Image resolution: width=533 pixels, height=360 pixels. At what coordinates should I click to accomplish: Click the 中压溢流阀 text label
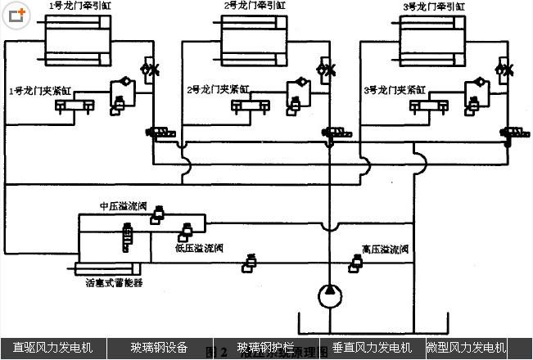pos(122,206)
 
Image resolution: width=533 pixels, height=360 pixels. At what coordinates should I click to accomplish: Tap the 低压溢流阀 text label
pos(199,248)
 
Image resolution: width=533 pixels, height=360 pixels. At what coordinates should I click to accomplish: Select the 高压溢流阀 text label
pos(385,248)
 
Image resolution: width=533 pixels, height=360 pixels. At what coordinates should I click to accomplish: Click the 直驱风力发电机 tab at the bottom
pos(52,348)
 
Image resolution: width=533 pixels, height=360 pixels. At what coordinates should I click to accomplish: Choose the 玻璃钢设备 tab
pos(159,348)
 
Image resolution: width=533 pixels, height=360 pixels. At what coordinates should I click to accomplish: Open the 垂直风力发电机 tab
pos(371,348)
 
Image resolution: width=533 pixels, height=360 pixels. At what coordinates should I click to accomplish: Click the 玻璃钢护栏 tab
pos(265,348)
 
